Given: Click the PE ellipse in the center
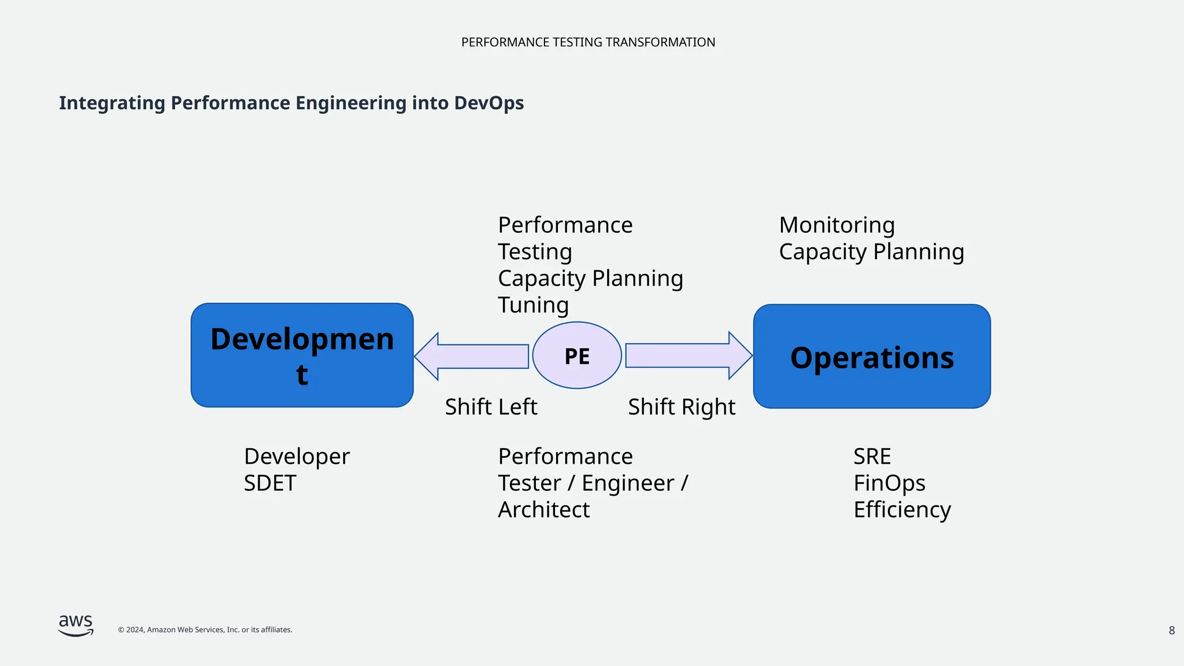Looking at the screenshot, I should (577, 356).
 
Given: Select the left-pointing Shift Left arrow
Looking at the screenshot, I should (471, 356).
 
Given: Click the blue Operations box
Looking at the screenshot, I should (872, 357).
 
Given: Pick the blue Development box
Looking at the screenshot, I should (302, 356).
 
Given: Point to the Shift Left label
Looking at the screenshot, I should (491, 407).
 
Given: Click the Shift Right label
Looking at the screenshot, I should (682, 407).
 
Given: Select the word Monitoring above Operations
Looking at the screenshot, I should (837, 225).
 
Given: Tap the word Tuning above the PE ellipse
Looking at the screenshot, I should (533, 305).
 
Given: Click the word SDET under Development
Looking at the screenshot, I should (270, 483).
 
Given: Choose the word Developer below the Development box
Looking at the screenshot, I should (297, 457).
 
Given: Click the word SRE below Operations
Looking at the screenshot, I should (872, 457).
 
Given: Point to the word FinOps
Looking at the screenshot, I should (889, 483).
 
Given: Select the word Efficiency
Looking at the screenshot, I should (902, 510).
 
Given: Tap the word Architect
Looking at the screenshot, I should (543, 510).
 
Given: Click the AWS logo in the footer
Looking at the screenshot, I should (76, 626).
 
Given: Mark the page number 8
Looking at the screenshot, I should (1171, 631).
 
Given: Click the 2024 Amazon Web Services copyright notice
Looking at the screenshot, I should (205, 630).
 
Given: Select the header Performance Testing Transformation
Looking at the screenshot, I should (588, 42).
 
